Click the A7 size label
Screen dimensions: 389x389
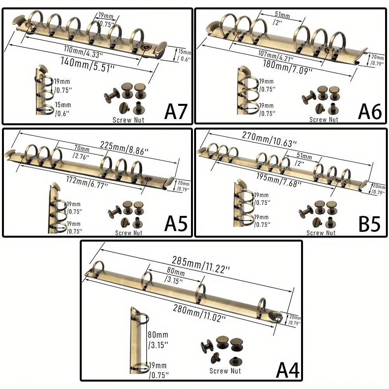[176, 112]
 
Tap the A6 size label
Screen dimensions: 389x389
[370, 112]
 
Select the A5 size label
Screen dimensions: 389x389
[176, 224]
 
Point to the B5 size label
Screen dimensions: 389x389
[369, 224]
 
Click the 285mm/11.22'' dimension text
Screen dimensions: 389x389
[200, 265]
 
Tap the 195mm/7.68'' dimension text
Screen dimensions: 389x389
[277, 179]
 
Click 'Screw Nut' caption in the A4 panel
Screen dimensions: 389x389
[225, 371]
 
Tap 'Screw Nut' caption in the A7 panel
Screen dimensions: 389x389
[128, 119]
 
